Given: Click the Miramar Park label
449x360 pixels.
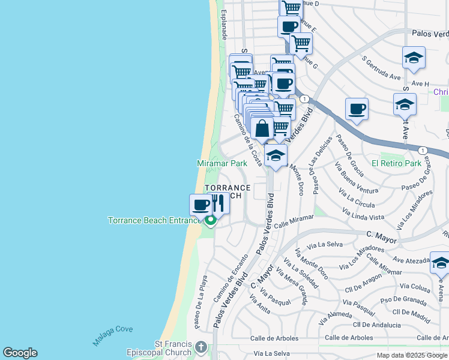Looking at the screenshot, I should [x=222, y=163].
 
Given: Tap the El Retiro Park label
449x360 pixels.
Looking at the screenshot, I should [x=396, y=163].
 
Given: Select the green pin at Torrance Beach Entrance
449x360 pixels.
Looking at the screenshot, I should [x=211, y=221].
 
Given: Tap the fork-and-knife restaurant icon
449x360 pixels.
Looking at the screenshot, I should [x=218, y=203].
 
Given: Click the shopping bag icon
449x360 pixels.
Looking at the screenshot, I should [x=262, y=128].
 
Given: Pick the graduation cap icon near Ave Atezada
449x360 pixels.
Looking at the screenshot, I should [x=441, y=263].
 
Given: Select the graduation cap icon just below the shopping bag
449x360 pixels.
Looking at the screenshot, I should [x=276, y=155].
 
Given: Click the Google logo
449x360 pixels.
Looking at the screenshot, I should [x=20, y=353].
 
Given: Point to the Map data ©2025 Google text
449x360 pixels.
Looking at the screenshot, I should [x=412, y=355].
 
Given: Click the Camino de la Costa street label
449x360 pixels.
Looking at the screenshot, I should [x=248, y=140].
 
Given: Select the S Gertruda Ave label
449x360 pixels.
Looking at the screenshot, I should [x=381, y=69].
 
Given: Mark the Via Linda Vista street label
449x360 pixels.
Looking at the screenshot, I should [x=363, y=213].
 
